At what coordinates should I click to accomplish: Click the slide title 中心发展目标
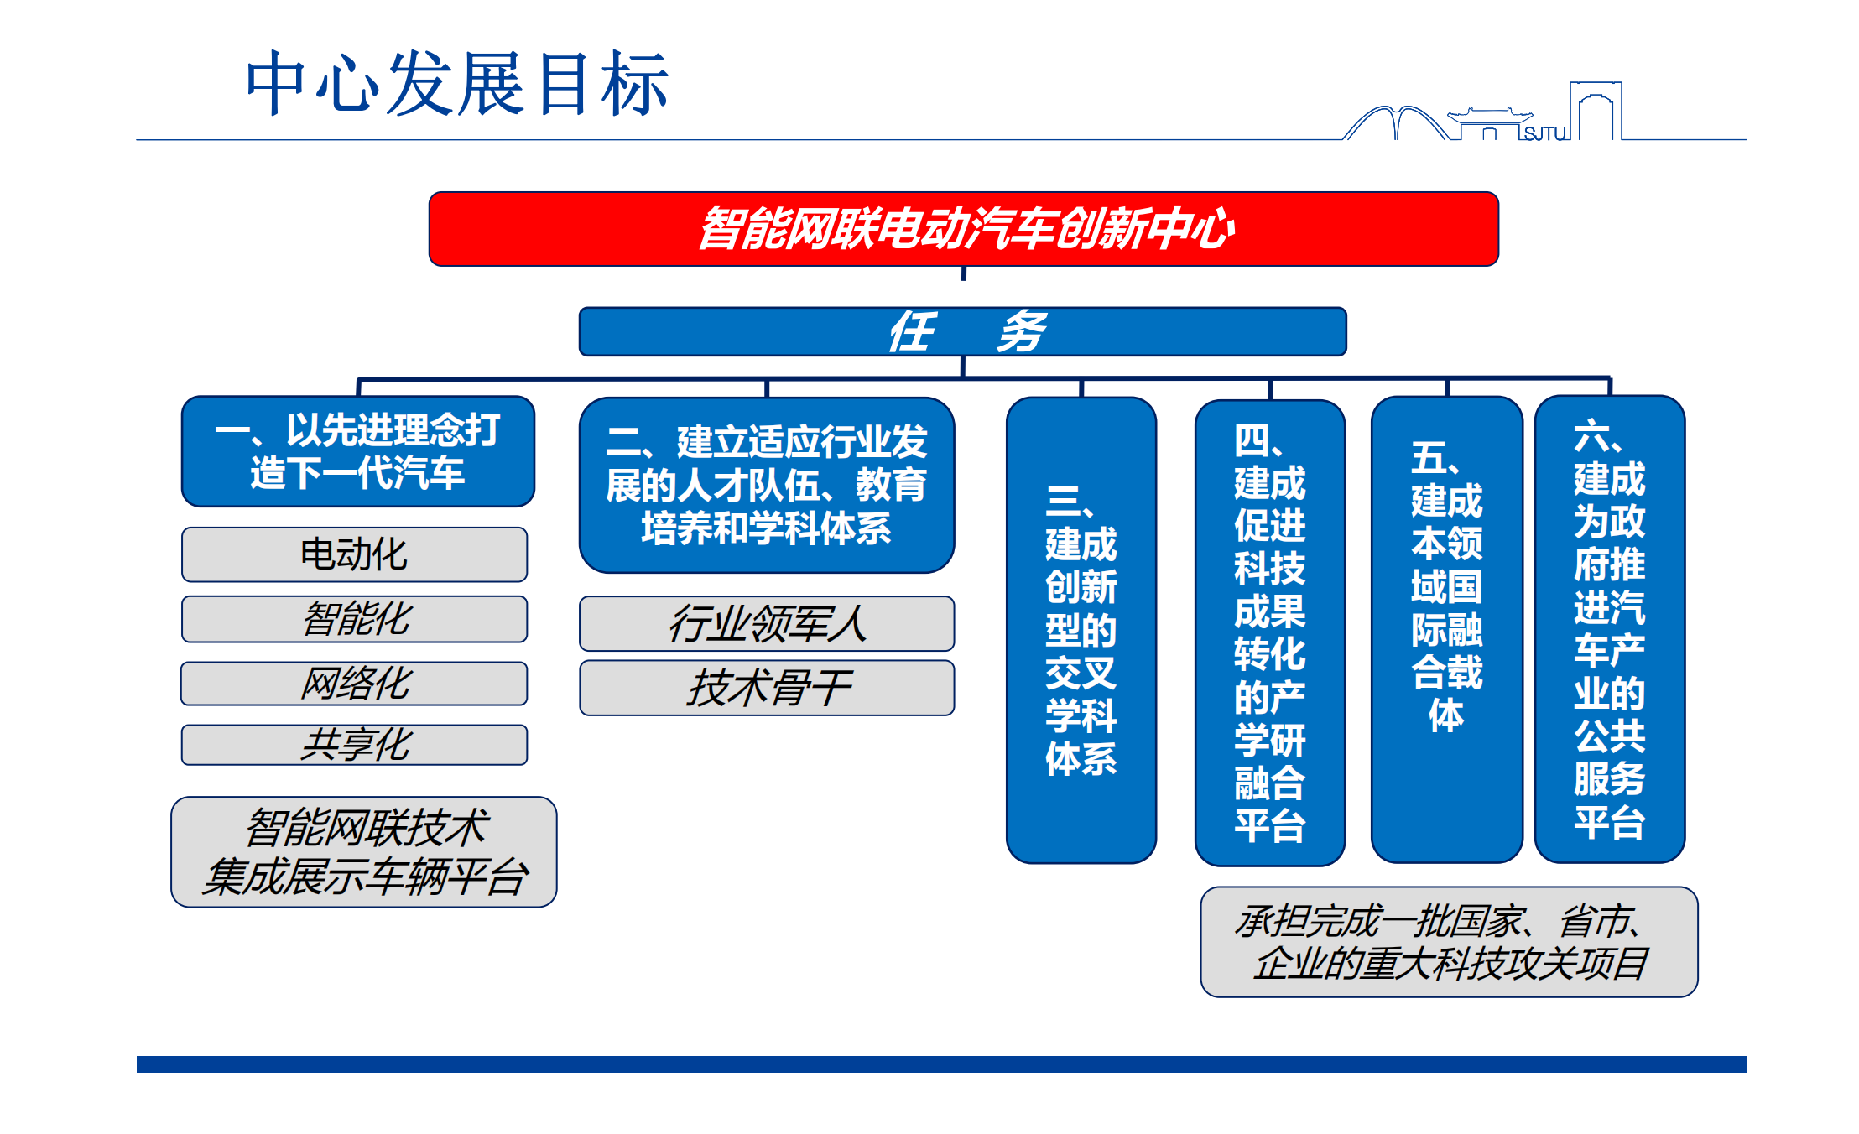click(457, 83)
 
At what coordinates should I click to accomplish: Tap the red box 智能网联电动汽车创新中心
click(963, 229)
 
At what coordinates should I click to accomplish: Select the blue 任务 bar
click(963, 331)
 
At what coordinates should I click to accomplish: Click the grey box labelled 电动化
click(354, 554)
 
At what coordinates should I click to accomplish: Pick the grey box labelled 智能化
click(354, 619)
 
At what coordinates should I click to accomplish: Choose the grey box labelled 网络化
click(354, 683)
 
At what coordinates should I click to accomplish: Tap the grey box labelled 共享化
click(354, 745)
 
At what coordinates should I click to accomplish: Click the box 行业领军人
click(767, 623)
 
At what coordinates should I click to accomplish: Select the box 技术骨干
click(767, 688)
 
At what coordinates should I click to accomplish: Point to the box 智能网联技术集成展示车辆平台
click(364, 851)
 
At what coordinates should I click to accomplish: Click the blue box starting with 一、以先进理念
click(358, 451)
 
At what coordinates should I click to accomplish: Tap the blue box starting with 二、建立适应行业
click(767, 485)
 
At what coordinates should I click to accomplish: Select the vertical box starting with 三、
click(1081, 630)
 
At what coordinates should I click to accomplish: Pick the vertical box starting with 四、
click(1270, 632)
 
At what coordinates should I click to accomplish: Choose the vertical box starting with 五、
click(1447, 629)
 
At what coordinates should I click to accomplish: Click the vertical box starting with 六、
click(1610, 628)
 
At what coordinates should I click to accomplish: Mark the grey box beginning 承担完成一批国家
click(1449, 942)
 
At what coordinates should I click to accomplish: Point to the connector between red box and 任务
click(964, 273)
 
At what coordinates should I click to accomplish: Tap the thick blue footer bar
click(942, 1064)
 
